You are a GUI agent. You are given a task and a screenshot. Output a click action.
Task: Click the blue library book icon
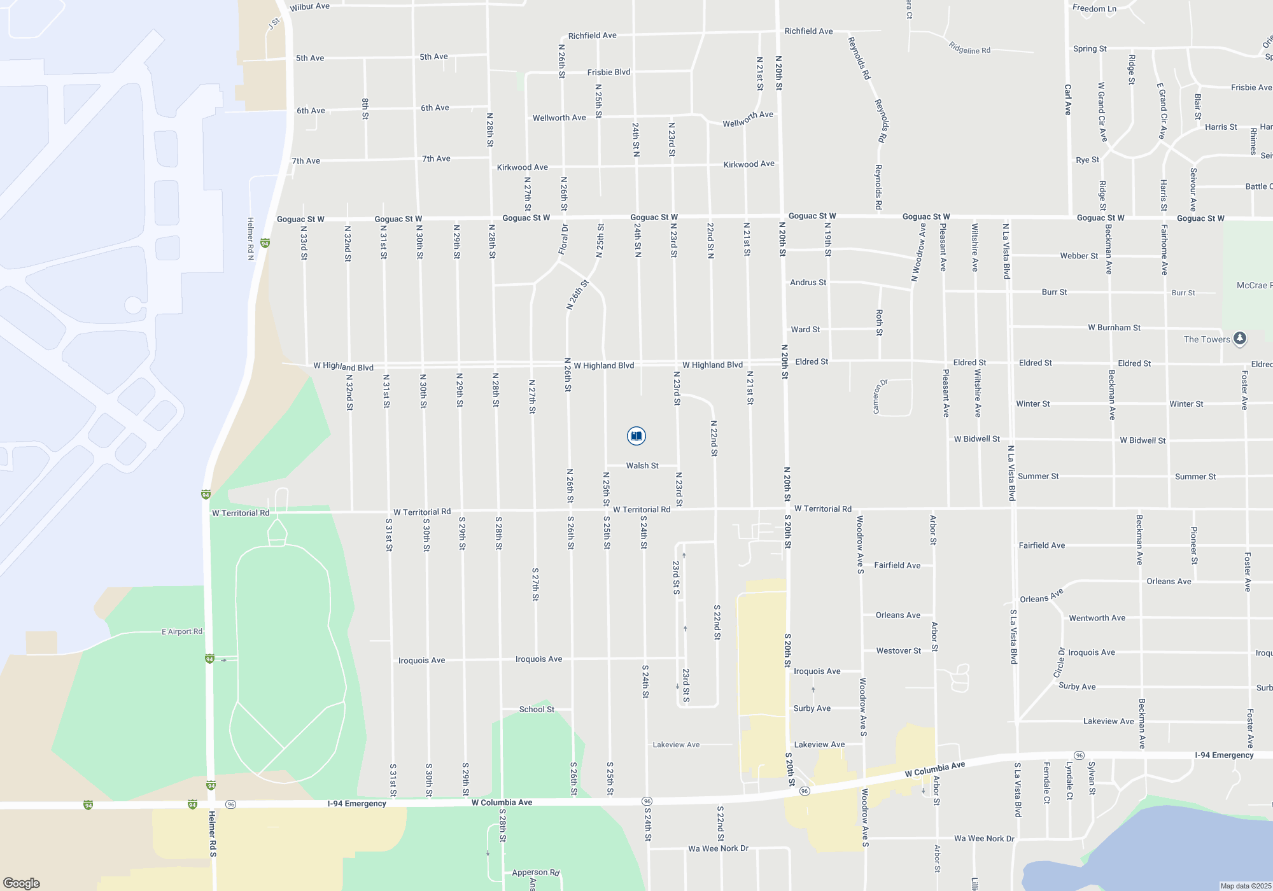click(x=636, y=436)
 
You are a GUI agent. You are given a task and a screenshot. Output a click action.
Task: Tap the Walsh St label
click(x=642, y=466)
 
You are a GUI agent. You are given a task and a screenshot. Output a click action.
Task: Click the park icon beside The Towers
click(x=1239, y=339)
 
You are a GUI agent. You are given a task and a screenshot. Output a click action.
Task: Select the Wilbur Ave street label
click(x=309, y=7)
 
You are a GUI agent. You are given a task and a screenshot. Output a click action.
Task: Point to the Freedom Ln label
click(x=1094, y=8)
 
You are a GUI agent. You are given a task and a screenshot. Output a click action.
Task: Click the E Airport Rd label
click(x=182, y=631)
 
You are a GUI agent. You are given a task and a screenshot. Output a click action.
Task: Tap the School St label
click(x=537, y=709)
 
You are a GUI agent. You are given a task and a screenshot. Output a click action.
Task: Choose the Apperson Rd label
click(x=536, y=873)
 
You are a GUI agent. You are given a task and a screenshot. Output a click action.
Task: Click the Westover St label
click(x=898, y=650)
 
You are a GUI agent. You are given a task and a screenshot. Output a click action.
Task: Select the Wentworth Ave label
click(x=1097, y=618)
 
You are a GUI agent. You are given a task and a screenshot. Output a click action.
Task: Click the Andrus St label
click(x=808, y=282)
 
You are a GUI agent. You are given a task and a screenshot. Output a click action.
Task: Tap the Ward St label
click(x=805, y=329)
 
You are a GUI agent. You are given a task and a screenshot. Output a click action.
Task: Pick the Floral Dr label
click(x=563, y=239)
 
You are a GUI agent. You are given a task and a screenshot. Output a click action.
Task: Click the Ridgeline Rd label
click(x=969, y=48)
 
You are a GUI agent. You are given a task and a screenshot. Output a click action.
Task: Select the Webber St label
click(x=1079, y=256)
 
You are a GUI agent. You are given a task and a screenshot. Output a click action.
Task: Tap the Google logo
click(x=22, y=883)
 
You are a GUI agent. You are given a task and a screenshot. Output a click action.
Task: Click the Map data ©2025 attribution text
click(x=1245, y=886)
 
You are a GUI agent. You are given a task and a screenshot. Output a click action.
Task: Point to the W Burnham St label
click(x=1114, y=328)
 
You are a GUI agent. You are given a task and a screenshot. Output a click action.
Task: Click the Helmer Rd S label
click(x=213, y=833)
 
